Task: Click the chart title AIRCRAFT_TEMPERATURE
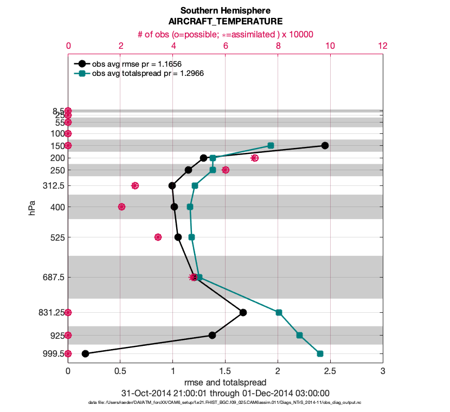[226, 22]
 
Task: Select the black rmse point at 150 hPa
[325, 145]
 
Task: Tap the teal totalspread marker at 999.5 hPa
[320, 353]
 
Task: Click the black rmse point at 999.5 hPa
[85, 353]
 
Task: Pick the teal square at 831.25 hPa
[279, 312]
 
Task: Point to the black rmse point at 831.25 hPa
[243, 312]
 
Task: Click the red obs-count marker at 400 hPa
[121, 207]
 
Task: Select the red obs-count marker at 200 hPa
[255, 158]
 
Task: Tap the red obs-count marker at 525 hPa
[158, 237]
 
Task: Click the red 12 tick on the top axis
[383, 46]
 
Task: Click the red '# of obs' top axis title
[226, 34]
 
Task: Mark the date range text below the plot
[225, 393]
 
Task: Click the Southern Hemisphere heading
[226, 10]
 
